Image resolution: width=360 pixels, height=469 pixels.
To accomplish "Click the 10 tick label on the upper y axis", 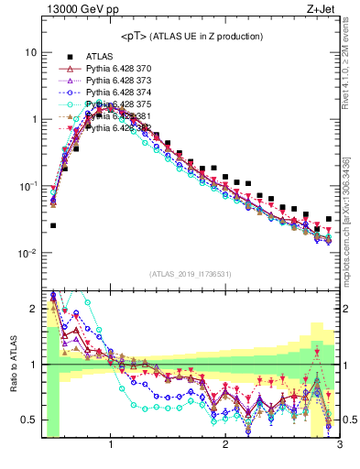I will [x=30, y=52].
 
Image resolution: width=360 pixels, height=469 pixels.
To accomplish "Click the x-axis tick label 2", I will [x=225, y=445].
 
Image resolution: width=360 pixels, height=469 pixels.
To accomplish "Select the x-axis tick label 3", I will [x=338, y=445].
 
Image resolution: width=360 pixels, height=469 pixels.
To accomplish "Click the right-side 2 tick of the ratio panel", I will [x=346, y=309].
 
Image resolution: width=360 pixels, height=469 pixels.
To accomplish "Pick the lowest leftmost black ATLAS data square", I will [x=53, y=225].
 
